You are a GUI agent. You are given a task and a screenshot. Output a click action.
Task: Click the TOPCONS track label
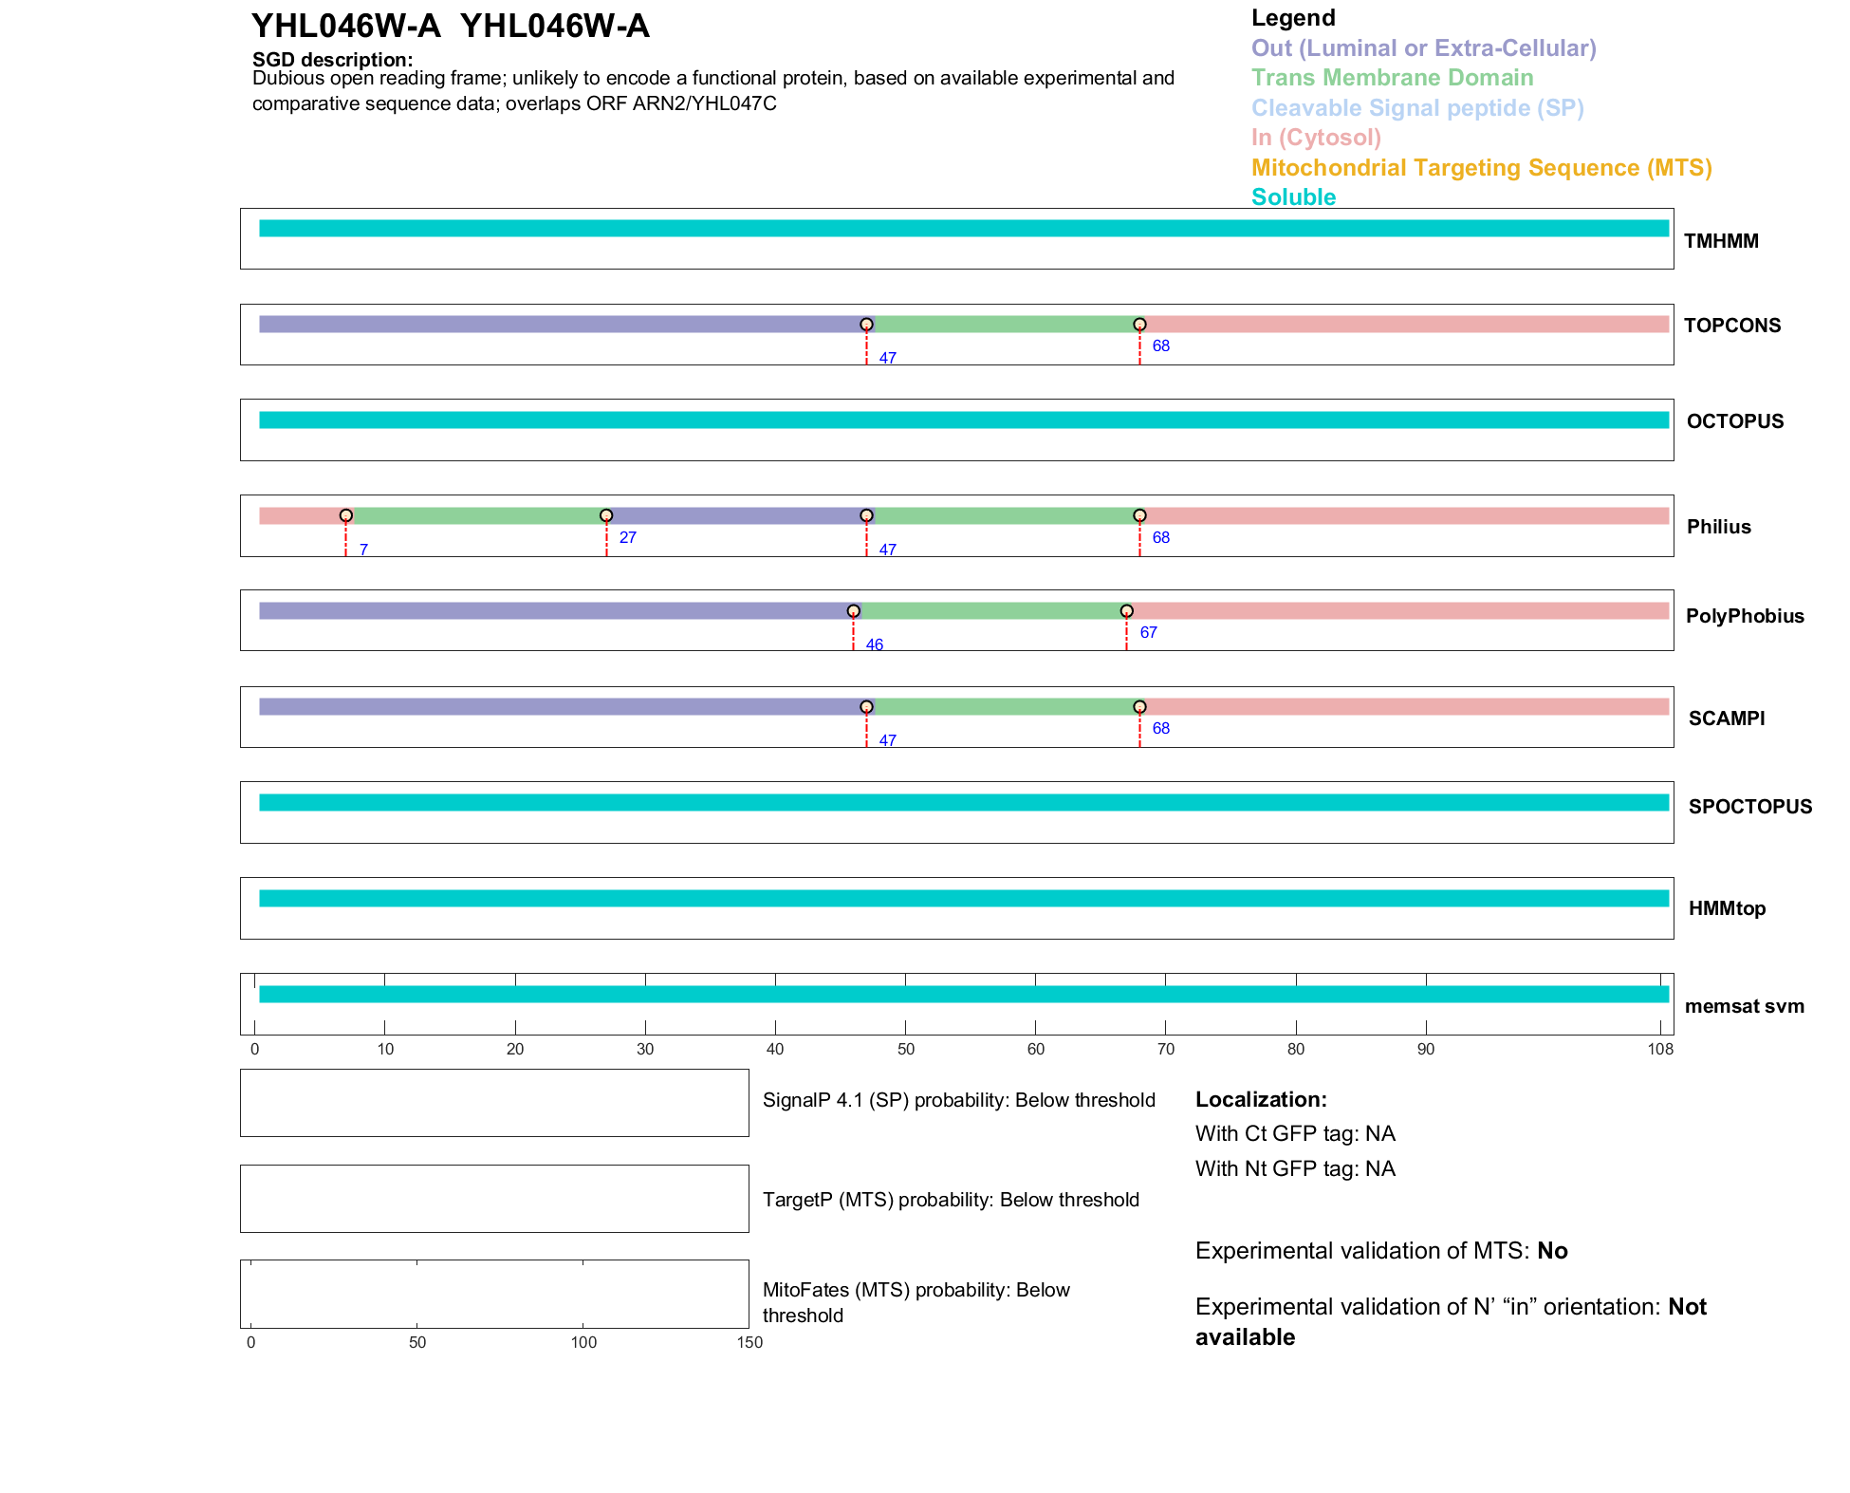click(x=1731, y=326)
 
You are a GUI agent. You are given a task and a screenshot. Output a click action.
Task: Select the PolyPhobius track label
click(x=1744, y=616)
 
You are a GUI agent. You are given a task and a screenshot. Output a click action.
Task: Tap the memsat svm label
click(x=1744, y=1006)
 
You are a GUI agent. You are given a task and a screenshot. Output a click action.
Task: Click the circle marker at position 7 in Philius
click(x=346, y=515)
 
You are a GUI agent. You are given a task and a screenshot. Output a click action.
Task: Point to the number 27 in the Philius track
click(x=627, y=537)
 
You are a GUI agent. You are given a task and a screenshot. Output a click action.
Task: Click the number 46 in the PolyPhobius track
click(x=874, y=645)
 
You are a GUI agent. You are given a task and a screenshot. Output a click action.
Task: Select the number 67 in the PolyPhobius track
click(x=1148, y=632)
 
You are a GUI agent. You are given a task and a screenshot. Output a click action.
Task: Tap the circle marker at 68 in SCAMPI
click(x=1139, y=707)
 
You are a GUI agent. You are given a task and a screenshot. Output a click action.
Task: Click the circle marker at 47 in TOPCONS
click(x=866, y=325)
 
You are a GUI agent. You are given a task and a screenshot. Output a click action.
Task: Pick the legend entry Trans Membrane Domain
click(x=1392, y=78)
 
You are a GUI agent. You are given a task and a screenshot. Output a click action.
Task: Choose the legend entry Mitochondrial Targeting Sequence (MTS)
click(x=1481, y=168)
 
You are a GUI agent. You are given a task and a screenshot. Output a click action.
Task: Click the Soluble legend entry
click(x=1293, y=197)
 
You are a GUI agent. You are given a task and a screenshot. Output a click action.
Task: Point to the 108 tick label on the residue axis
click(x=1660, y=1049)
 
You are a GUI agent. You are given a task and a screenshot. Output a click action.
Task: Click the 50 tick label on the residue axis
click(x=906, y=1049)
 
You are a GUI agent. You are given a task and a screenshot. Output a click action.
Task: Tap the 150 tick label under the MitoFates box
click(x=749, y=1342)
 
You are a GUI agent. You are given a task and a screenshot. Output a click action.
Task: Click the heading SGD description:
click(x=332, y=59)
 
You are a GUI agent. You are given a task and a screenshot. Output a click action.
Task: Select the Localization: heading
click(x=1261, y=1099)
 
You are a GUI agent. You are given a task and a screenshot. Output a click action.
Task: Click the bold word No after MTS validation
click(x=1552, y=1251)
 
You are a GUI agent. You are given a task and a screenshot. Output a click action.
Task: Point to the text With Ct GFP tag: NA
click(x=1295, y=1134)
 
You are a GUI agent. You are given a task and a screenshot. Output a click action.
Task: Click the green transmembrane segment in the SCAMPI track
click(x=1003, y=707)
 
